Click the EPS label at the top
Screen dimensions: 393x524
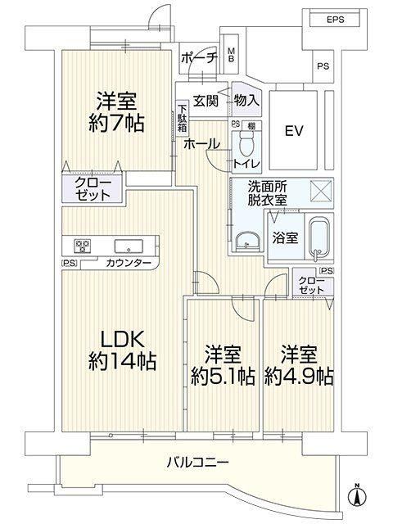(335, 20)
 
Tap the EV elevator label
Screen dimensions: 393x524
(294, 130)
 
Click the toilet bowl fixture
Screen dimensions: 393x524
(247, 143)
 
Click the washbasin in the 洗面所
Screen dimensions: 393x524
(247, 241)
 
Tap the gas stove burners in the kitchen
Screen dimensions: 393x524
(83, 246)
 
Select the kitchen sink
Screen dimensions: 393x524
(129, 246)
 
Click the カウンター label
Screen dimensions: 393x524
(129, 264)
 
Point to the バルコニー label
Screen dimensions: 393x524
(198, 463)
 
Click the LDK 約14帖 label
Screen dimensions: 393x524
(122, 350)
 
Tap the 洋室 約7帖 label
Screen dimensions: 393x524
(116, 112)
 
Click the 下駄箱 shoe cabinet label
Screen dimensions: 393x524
(182, 119)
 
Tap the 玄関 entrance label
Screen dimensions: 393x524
(206, 100)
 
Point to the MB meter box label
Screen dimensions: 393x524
(231, 55)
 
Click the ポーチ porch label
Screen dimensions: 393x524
(199, 58)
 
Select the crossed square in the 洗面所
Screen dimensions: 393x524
(322, 191)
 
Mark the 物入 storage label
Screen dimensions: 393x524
(246, 100)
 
